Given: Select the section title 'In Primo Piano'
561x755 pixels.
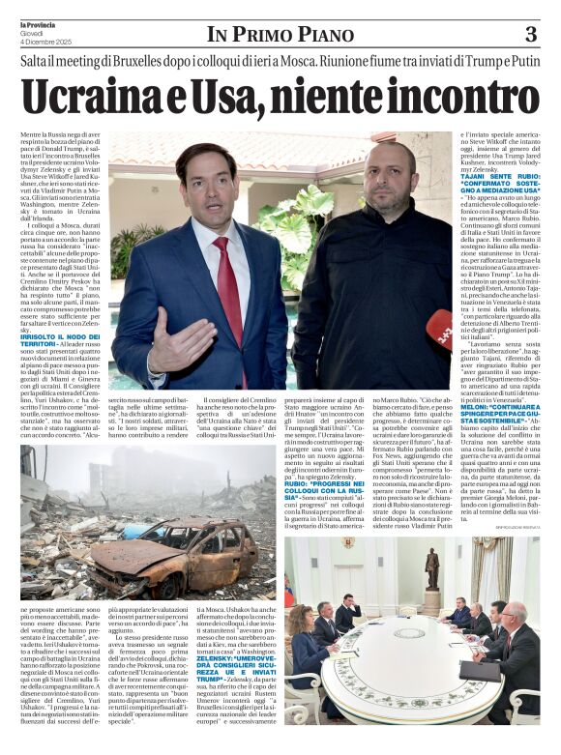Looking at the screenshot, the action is [280, 36].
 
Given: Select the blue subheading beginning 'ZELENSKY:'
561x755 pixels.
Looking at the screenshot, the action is [237, 660].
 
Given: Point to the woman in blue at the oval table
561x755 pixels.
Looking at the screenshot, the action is [307, 638].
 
